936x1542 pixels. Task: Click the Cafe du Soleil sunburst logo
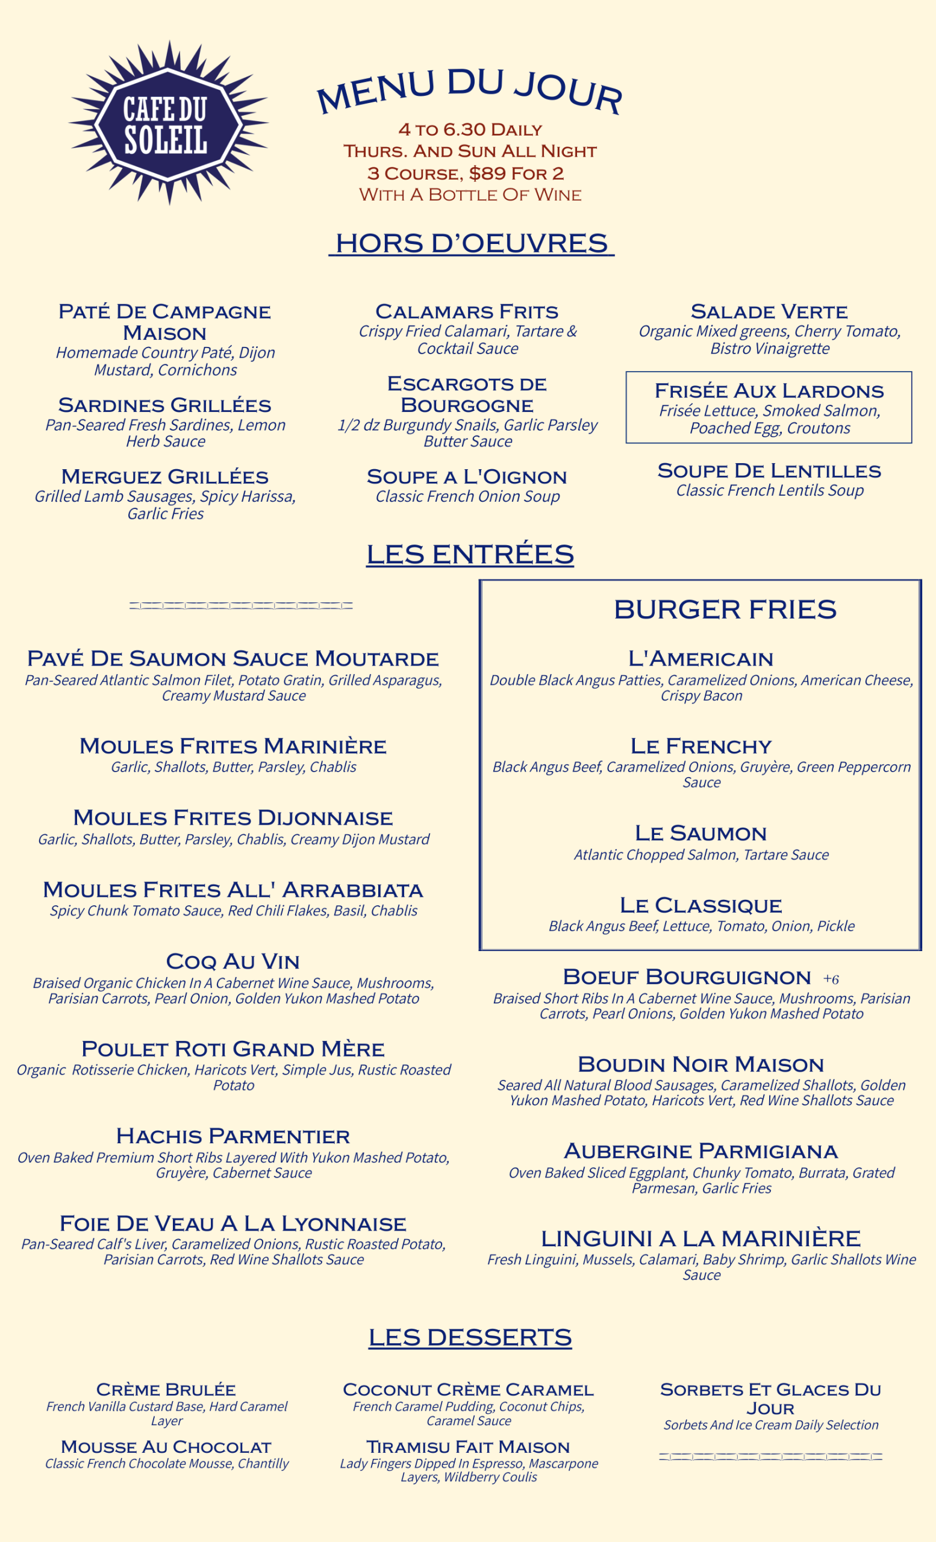167,123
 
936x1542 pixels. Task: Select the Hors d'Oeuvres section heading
471,243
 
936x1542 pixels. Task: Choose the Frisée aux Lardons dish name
769,391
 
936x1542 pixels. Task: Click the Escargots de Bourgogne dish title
467,395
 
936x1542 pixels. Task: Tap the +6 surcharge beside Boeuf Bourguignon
831,979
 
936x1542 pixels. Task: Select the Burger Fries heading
725,609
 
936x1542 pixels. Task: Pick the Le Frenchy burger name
700,746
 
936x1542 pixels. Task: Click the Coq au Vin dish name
232,961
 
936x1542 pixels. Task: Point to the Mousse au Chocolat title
166,1447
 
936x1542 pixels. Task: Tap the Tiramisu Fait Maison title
468,1447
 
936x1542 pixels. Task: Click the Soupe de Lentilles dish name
769,470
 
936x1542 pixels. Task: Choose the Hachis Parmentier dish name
232,1136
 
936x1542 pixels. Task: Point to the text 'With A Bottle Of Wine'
470,195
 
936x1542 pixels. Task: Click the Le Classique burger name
700,905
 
